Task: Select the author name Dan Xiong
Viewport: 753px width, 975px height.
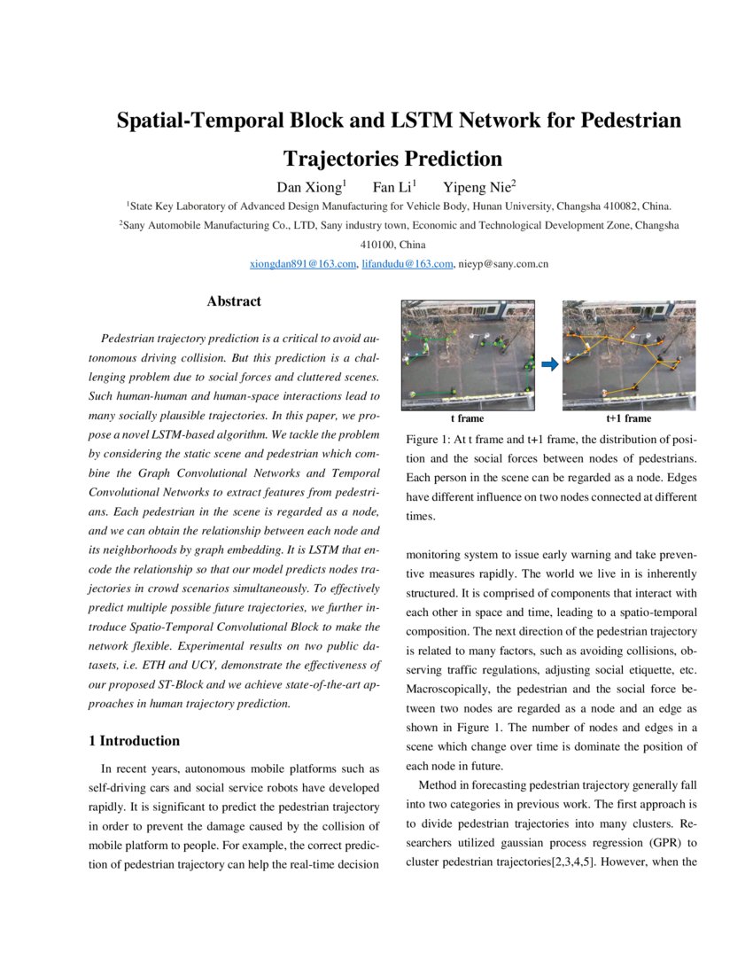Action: pyautogui.click(x=311, y=186)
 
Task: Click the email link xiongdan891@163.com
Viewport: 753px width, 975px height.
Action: pyautogui.click(x=303, y=263)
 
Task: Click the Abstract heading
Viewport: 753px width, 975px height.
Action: pyautogui.click(x=234, y=301)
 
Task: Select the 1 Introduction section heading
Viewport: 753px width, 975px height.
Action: pyautogui.click(x=135, y=741)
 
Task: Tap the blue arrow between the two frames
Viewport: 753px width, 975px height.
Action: pyautogui.click(x=548, y=363)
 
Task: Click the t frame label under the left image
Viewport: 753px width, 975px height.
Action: pyautogui.click(x=467, y=418)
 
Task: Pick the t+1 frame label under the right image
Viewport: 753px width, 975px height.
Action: pyautogui.click(x=628, y=418)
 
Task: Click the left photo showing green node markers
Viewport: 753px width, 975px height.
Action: pyautogui.click(x=469, y=355)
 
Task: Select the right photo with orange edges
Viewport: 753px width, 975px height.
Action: pyautogui.click(x=629, y=355)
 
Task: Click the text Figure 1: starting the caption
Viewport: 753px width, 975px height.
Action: pyautogui.click(x=428, y=440)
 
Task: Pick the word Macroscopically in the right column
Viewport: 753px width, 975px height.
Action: pyautogui.click(x=448, y=690)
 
